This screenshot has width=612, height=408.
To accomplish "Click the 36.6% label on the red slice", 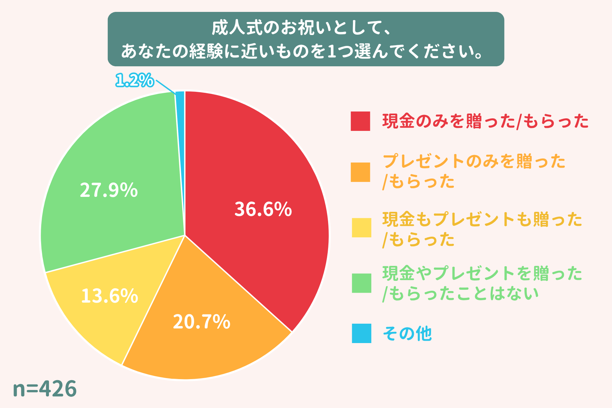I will [263, 209].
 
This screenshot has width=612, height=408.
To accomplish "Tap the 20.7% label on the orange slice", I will [201, 322].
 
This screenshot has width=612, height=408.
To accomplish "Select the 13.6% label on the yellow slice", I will [109, 296].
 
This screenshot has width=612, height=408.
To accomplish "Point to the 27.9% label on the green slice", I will [108, 190].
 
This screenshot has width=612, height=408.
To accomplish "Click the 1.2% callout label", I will [134, 81].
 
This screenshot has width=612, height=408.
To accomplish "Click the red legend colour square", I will [360, 121].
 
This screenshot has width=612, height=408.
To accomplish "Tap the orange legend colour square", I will [360, 172].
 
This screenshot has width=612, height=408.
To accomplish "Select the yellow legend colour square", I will [361, 227].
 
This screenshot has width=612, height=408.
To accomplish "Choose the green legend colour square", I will [361, 283].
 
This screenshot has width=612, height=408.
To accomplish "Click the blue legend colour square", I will [361, 334].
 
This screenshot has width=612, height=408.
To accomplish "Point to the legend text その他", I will [407, 334].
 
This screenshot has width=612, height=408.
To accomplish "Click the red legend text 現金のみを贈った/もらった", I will [485, 121].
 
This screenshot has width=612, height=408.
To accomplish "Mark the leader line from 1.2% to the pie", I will [165, 87].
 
